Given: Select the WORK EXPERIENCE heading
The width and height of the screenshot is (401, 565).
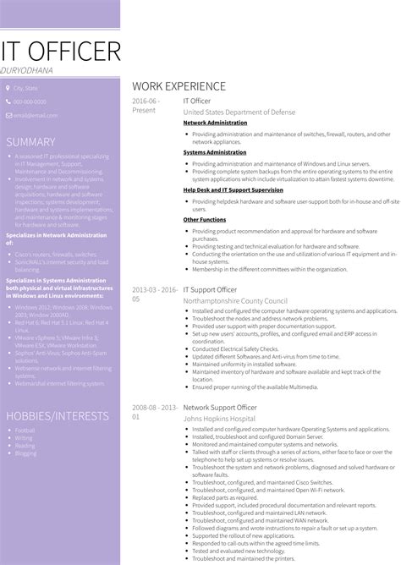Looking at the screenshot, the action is (179, 86).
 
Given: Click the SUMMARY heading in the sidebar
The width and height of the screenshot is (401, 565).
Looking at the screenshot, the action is (30, 142).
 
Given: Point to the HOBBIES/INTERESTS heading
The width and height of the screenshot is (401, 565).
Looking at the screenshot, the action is (58, 416).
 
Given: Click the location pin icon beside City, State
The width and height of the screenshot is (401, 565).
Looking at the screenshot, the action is (8, 88).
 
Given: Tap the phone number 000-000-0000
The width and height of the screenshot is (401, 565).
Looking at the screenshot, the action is (30, 101).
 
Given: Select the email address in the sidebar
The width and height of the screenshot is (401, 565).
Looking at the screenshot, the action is (33, 115).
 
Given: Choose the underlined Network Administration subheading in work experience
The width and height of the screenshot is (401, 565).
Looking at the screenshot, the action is (215, 123).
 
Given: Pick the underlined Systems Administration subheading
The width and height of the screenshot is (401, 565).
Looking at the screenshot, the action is (214, 152).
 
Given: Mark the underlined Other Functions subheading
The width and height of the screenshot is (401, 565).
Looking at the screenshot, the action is (204, 219).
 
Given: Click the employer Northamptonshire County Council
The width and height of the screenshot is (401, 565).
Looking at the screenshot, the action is (234, 300).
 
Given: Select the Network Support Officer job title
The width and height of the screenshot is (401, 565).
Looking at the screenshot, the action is (218, 407).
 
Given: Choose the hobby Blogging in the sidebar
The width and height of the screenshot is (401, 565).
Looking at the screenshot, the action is (25, 453).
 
